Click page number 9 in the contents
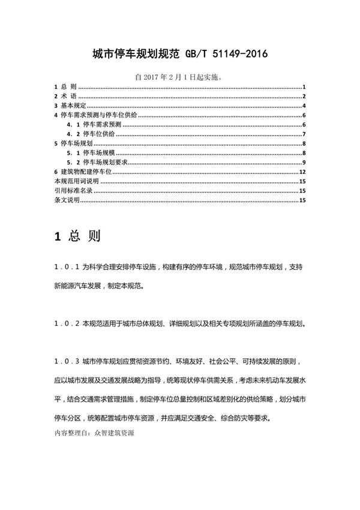tap(305, 163)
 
